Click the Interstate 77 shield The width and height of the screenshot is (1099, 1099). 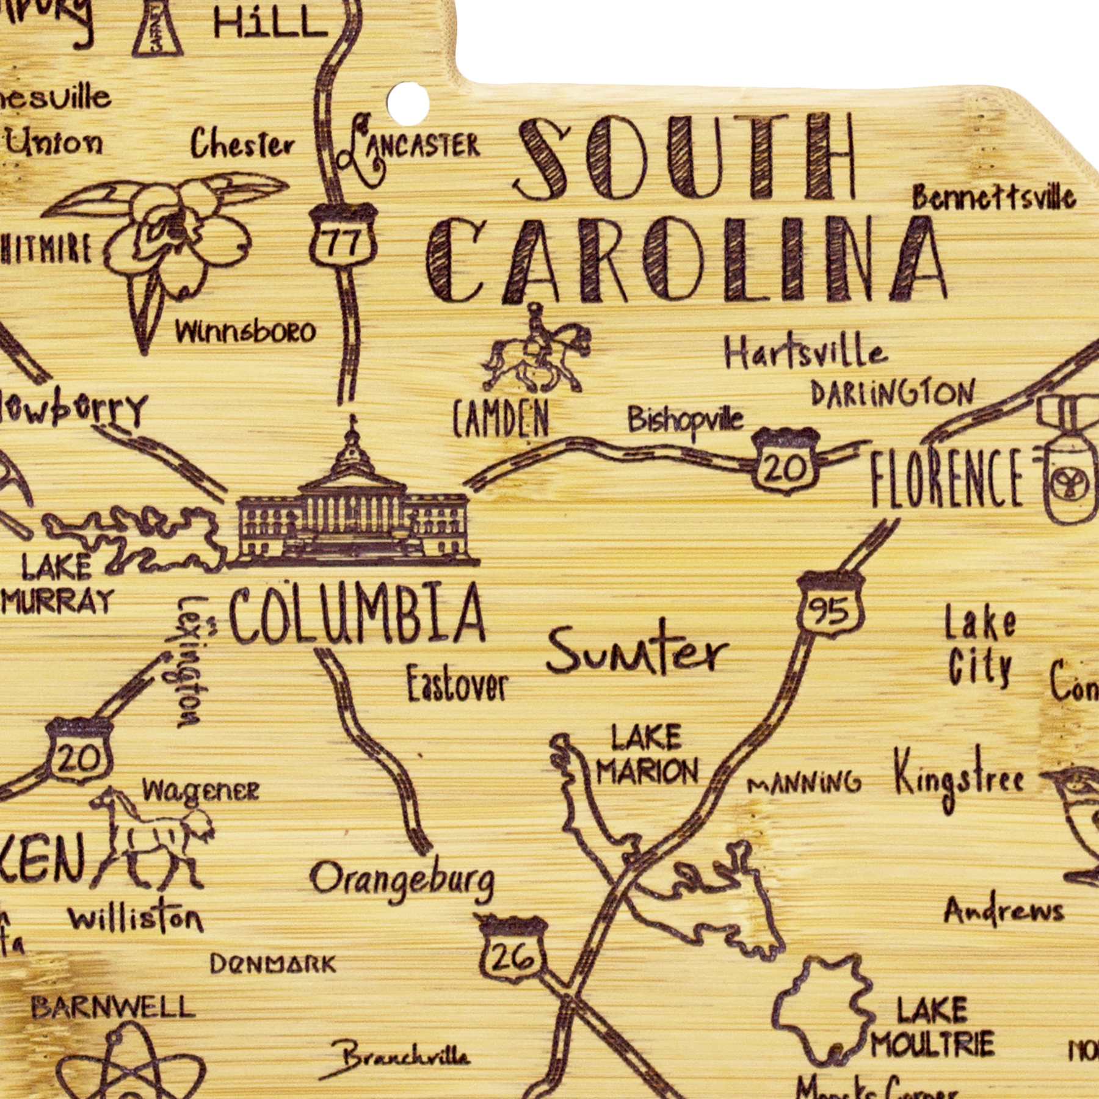point(343,238)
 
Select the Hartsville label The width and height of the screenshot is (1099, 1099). point(805,352)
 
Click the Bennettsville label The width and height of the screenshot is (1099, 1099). point(993,197)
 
